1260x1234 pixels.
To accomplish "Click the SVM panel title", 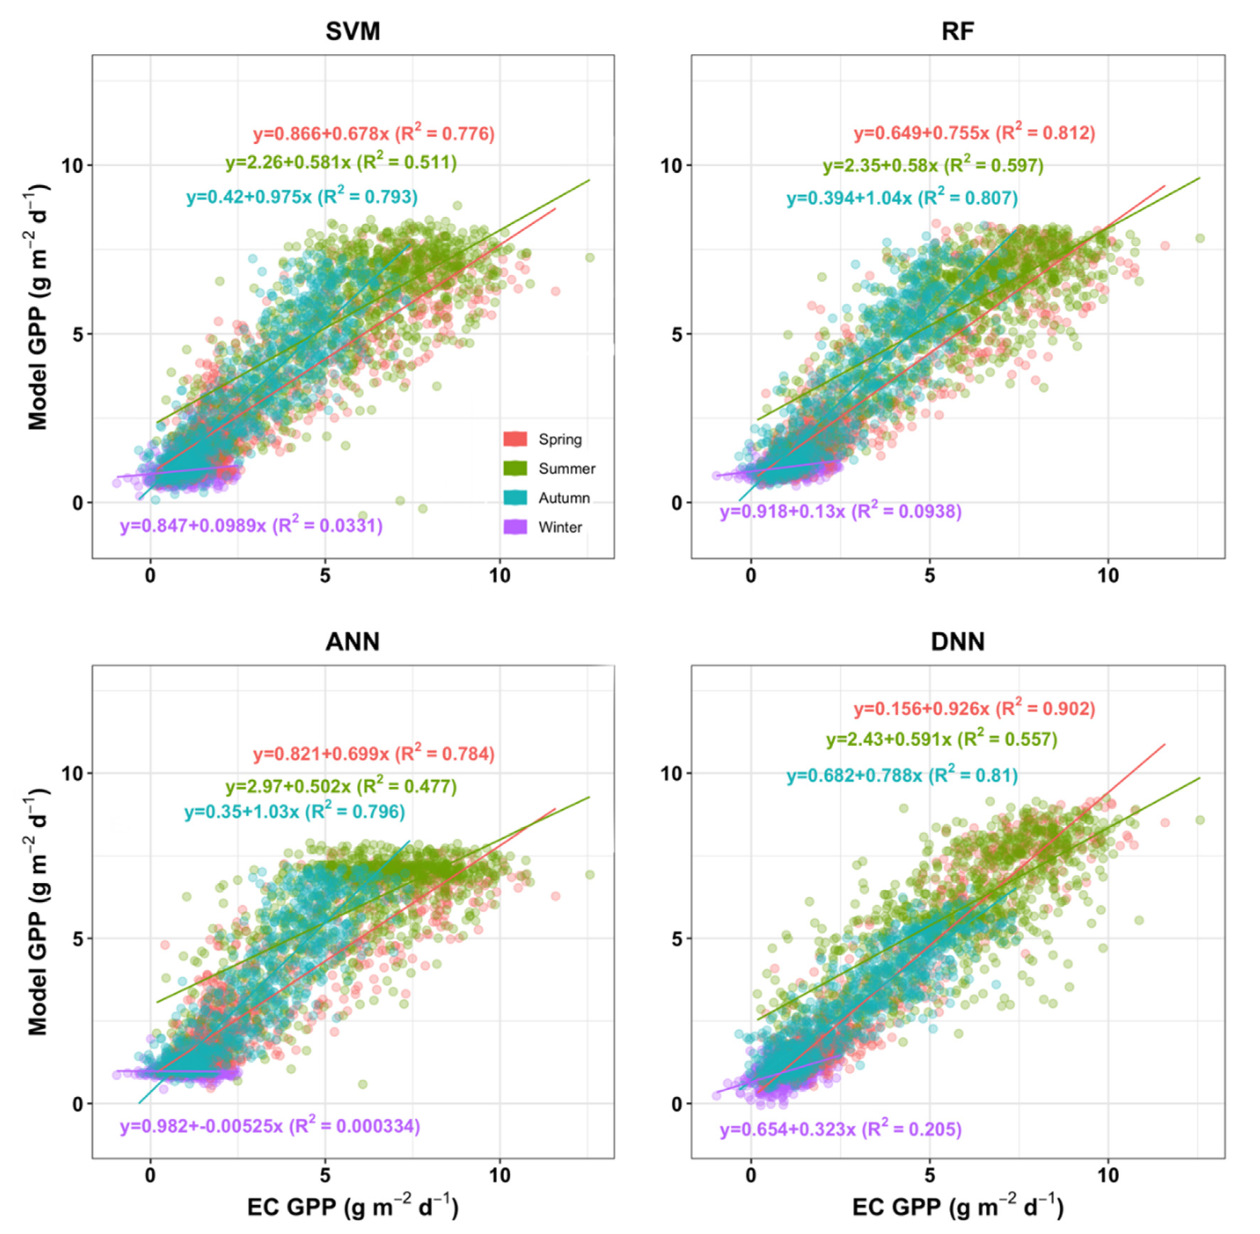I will click(x=352, y=31).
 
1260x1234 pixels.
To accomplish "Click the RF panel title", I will click(x=957, y=31).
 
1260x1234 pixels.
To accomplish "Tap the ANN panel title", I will click(x=352, y=642).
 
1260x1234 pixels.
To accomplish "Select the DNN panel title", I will click(x=957, y=642).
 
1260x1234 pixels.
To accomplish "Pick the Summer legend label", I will click(x=566, y=469).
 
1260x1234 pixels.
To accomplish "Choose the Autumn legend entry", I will click(x=564, y=498).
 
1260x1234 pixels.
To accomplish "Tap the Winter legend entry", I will click(x=560, y=527).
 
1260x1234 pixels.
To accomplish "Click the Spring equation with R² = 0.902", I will click(x=974, y=708).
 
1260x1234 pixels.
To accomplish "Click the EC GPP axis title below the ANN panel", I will click(x=352, y=1207).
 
